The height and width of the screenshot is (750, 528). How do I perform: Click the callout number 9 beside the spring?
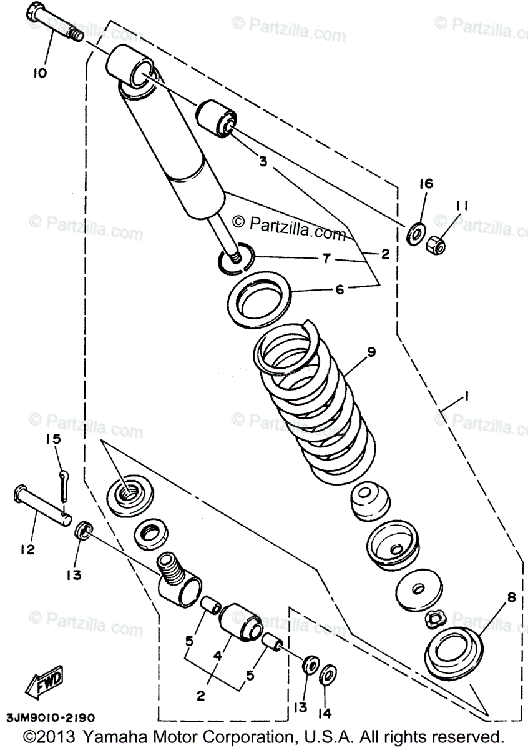click(x=371, y=352)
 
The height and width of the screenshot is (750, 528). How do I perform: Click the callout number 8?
click(x=511, y=598)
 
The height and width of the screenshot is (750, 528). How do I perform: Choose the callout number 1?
click(x=465, y=397)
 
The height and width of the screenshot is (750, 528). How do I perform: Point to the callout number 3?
click(x=263, y=161)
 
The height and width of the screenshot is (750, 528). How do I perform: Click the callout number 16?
click(x=426, y=184)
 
